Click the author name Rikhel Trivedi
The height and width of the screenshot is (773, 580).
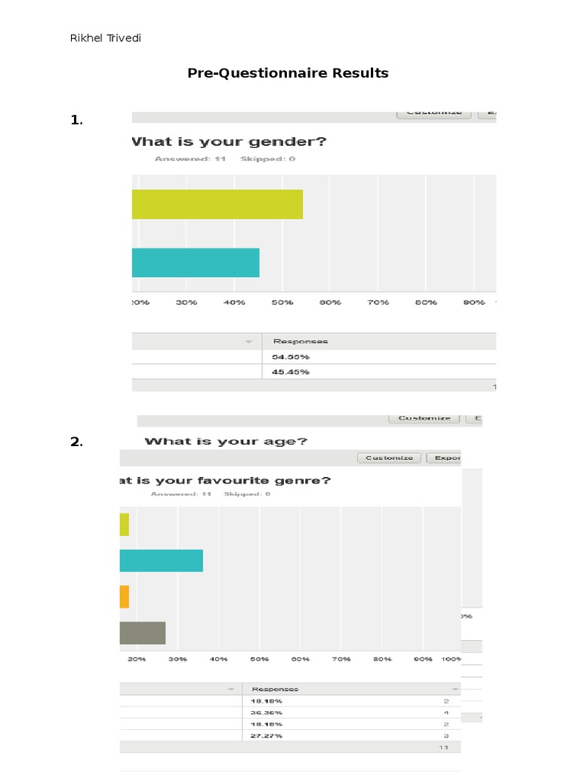tap(105, 38)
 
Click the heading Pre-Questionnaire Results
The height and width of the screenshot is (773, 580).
tap(288, 73)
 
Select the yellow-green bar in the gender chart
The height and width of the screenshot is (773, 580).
tap(217, 205)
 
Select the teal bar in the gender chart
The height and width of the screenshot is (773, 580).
tap(196, 263)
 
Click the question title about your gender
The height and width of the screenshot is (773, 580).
tap(229, 141)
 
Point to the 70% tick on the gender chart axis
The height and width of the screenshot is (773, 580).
tap(378, 302)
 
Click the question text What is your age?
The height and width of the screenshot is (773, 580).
tap(225, 442)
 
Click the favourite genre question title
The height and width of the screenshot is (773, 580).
tap(224, 480)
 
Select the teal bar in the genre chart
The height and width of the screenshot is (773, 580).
tap(161, 561)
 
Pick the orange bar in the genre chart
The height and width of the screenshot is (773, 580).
tap(124, 596)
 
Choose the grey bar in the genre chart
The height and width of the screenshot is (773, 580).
tap(142, 633)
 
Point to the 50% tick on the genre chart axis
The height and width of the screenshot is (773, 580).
tap(260, 659)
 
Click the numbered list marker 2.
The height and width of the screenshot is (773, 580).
tap(76, 442)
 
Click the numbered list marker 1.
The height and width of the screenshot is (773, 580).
tap(76, 120)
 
